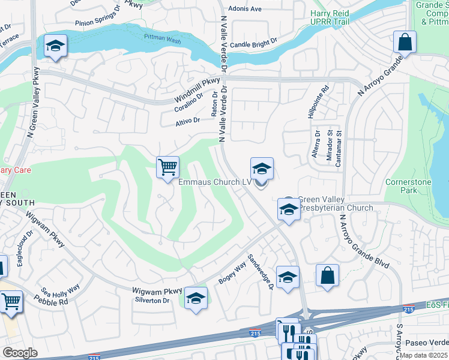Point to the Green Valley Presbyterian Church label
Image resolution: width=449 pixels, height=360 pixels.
pyautogui.click(x=335, y=204)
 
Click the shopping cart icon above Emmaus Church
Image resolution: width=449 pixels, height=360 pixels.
pyautogui.click(x=168, y=166)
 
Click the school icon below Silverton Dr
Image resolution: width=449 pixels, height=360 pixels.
pyautogui.click(x=196, y=297)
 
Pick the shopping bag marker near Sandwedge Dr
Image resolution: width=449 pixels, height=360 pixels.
pyautogui.click(x=328, y=276)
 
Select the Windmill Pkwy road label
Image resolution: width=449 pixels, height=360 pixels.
pyautogui.click(x=197, y=90)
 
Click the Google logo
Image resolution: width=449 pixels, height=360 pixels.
pyautogui.click(x=20, y=352)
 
